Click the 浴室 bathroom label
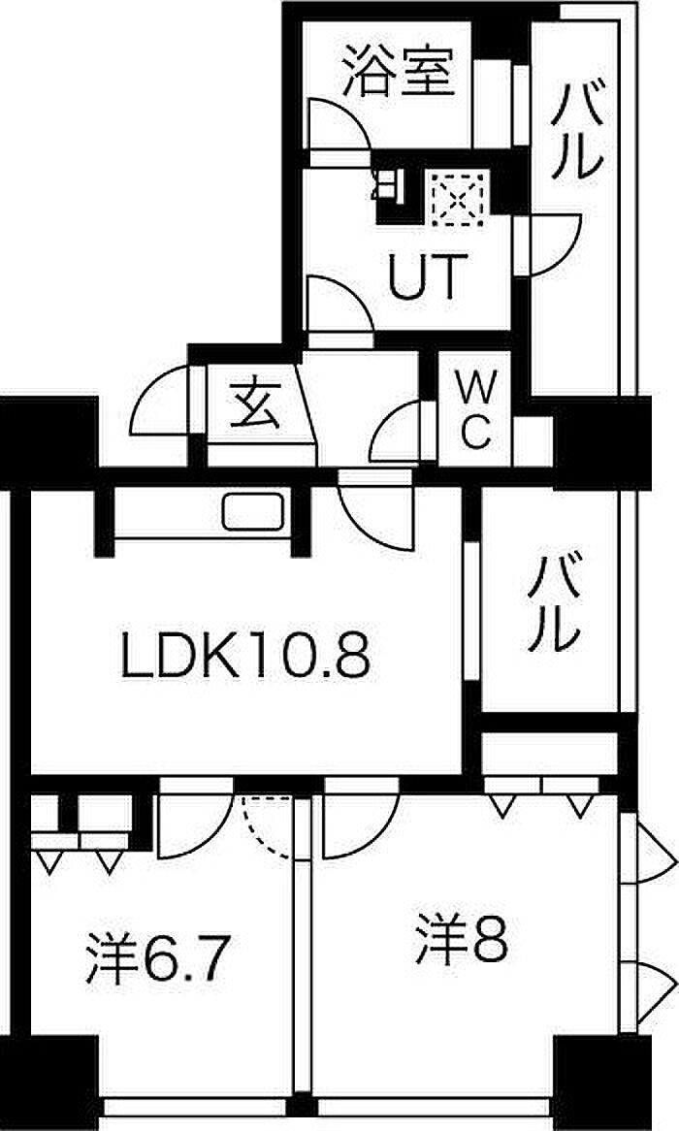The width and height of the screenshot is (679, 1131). (399, 72)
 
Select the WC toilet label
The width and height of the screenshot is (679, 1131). (475, 411)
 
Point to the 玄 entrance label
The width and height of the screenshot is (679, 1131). (255, 405)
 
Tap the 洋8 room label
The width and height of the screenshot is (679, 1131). (463, 939)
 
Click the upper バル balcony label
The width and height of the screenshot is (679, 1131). (577, 131)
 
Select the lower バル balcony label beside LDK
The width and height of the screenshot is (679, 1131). (555, 603)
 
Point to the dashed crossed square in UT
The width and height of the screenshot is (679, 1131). (458, 198)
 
